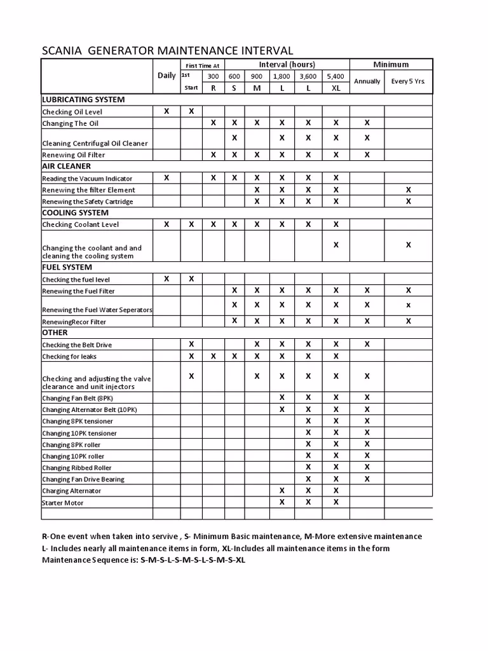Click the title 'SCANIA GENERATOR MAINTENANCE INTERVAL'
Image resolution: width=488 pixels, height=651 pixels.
click(x=167, y=50)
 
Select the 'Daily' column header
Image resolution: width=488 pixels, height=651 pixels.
click(x=166, y=75)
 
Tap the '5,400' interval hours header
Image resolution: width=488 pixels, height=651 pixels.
click(x=335, y=76)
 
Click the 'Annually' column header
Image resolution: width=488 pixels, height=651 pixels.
click(x=367, y=81)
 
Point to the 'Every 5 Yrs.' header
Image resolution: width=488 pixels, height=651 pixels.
click(x=408, y=81)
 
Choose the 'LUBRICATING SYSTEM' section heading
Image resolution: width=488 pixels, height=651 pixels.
click(x=83, y=100)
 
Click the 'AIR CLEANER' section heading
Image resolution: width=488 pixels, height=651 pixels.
click(x=66, y=166)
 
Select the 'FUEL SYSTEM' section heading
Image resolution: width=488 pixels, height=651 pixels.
click(x=67, y=267)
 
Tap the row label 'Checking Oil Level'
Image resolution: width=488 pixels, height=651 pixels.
click(x=72, y=112)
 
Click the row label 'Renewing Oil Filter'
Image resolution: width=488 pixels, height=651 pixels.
click(x=74, y=154)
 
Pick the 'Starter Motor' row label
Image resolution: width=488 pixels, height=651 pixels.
click(x=63, y=503)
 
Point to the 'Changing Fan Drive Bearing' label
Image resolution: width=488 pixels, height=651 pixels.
click(x=83, y=479)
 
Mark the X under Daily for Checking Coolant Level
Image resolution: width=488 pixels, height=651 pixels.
click(x=166, y=224)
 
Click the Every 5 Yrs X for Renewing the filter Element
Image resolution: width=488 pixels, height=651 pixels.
click(x=409, y=189)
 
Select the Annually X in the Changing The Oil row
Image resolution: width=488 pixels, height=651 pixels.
click(x=367, y=123)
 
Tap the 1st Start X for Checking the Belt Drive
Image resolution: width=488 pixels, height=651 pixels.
click(x=191, y=344)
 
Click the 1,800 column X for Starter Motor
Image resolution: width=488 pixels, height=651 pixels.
click(x=282, y=502)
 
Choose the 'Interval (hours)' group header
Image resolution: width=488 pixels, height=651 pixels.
click(x=287, y=65)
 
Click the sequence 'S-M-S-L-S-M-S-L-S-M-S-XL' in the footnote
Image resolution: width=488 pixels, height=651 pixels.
click(x=193, y=560)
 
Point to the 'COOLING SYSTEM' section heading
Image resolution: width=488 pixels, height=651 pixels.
click(x=75, y=212)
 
